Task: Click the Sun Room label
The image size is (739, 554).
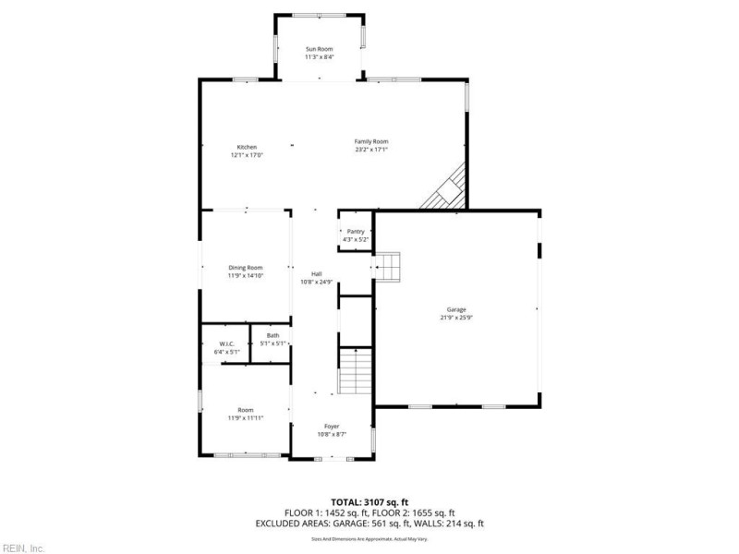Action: pyautogui.click(x=319, y=49)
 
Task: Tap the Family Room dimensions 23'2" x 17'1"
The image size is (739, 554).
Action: pyautogui.click(x=371, y=149)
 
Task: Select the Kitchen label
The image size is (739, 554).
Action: pyautogui.click(x=247, y=147)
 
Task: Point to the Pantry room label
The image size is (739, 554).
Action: pyautogui.click(x=356, y=232)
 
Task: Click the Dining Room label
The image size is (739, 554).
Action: pyautogui.click(x=246, y=268)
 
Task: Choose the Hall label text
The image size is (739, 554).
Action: pyautogui.click(x=316, y=274)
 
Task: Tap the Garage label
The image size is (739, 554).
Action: pyautogui.click(x=456, y=309)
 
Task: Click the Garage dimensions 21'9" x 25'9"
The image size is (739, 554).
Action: pyautogui.click(x=456, y=317)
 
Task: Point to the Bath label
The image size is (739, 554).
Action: pyautogui.click(x=273, y=336)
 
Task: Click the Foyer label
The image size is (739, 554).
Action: pyautogui.click(x=332, y=427)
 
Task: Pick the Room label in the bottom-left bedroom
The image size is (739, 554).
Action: pyautogui.click(x=246, y=410)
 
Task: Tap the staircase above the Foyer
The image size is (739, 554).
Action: pyautogui.click(x=356, y=371)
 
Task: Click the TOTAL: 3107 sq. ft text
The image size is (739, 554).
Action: pyautogui.click(x=369, y=501)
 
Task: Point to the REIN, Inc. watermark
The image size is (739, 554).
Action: pyautogui.click(x=23, y=548)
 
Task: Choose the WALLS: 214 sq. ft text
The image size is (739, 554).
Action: pyautogui.click(x=449, y=524)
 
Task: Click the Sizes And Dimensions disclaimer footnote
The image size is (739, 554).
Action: pyautogui.click(x=369, y=537)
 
